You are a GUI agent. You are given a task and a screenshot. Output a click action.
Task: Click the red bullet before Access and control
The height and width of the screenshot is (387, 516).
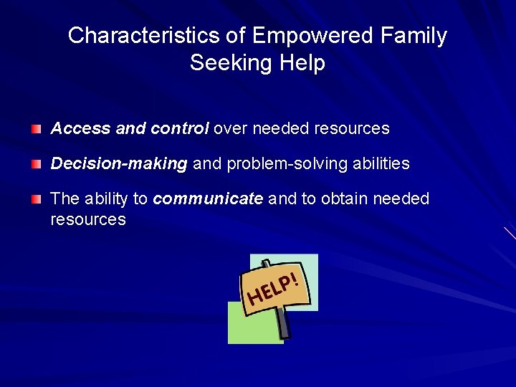[37, 130]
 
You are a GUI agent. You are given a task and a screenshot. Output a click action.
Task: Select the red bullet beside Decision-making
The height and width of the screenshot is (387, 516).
[37, 164]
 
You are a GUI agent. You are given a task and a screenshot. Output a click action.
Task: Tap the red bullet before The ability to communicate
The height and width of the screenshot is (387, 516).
[37, 199]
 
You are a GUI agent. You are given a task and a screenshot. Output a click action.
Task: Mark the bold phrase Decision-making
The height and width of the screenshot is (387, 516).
[119, 164]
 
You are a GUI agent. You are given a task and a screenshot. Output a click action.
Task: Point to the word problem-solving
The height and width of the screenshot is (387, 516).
[287, 164]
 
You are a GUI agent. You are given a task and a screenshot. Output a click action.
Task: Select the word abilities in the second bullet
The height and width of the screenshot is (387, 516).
[381, 164]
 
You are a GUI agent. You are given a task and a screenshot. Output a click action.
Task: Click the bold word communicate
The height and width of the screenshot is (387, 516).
[208, 199]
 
